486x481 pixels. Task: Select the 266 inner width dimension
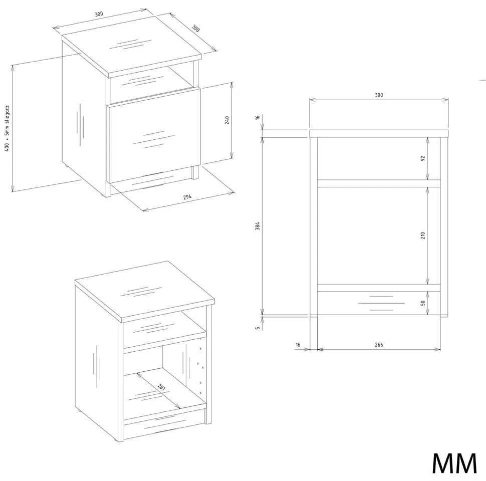coord(379,345)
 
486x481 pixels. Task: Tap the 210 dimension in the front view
coord(423,235)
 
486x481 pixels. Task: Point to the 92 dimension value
coord(423,158)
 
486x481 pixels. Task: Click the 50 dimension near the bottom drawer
coord(423,303)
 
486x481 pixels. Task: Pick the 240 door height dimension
coord(227,121)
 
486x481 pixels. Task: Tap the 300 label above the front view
coord(379,95)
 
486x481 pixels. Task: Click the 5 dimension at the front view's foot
coord(257,328)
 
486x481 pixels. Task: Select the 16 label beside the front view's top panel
coord(257,117)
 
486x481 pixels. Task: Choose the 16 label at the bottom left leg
coord(298,345)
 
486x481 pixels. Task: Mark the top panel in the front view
coord(379,133)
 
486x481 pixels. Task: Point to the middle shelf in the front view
coord(379,183)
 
